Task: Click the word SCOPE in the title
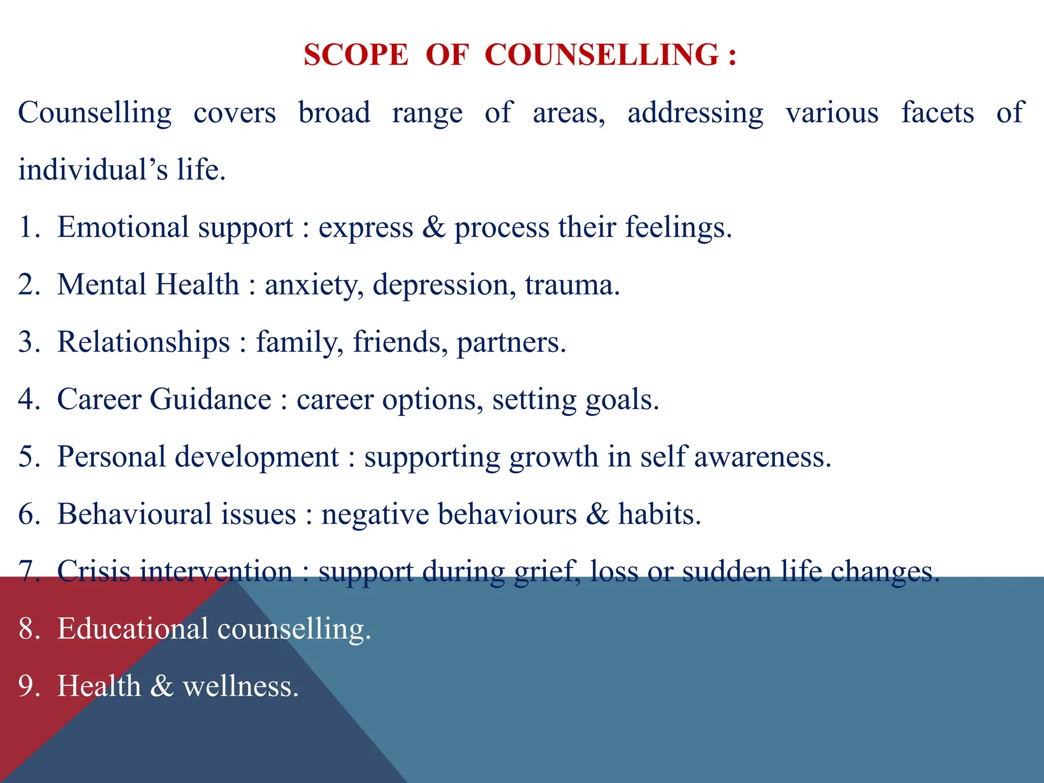(356, 55)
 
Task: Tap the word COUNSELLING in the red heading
(602, 55)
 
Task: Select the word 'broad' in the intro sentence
(334, 113)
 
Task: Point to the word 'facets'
(937, 113)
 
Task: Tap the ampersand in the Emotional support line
(433, 227)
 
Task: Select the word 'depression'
(441, 285)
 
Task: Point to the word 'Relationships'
(143, 342)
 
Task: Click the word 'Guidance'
(211, 399)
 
